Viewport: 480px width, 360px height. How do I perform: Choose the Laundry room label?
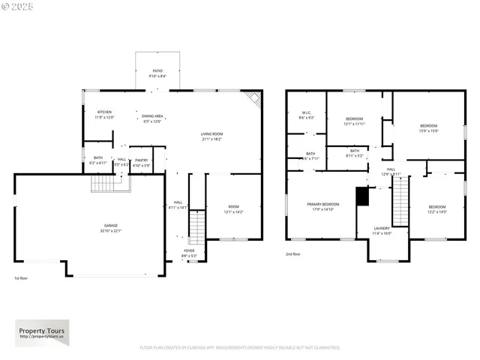coord(383,230)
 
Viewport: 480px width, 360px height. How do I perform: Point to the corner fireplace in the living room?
coord(253,98)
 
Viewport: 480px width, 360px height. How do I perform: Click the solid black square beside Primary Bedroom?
coord(362,196)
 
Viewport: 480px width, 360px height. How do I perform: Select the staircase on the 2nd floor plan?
coord(401,202)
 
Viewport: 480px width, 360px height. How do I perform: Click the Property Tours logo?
coord(42,331)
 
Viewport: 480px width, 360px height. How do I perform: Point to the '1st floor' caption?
coord(22,278)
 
